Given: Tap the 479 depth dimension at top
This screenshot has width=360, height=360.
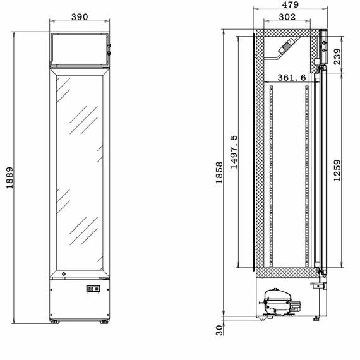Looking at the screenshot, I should [x=290, y=4].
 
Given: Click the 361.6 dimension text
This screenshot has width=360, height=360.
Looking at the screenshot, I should [x=292, y=77].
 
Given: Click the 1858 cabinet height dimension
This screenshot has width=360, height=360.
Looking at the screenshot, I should [x=219, y=172].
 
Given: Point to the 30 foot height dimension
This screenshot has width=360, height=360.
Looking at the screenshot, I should [x=219, y=330].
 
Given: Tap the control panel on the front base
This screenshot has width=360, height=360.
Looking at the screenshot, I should [x=92, y=289].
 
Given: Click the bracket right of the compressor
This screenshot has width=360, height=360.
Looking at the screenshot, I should [x=313, y=285].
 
